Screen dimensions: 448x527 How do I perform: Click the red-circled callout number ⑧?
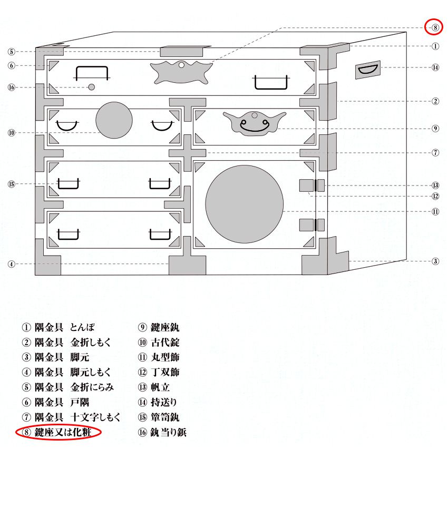coord(435,27)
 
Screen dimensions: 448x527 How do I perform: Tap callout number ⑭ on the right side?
coord(435,67)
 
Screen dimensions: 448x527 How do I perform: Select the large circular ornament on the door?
coord(245,204)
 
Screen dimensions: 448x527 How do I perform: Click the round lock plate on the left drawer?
coord(114,120)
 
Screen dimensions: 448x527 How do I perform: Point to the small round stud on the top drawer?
coord(91,87)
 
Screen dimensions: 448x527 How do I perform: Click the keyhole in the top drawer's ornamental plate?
coord(181,65)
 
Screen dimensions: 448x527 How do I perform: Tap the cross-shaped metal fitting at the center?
coord(187,153)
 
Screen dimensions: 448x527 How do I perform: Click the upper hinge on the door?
coord(312,185)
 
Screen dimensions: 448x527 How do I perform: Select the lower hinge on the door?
coord(312,225)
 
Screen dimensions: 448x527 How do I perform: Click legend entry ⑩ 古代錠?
coord(159,343)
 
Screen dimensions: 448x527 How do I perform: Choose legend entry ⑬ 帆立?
coord(154,387)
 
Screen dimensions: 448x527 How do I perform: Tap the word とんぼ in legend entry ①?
coord(82,327)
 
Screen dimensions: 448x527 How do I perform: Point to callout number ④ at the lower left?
coord(12,264)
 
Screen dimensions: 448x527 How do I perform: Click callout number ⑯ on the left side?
coord(12,87)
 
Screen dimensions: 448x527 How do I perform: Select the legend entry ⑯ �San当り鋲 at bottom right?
coord(162,432)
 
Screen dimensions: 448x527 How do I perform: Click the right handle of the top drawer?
coord(271,82)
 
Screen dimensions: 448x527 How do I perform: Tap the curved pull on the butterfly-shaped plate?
coord(255,126)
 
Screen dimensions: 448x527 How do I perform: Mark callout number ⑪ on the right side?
coord(435,212)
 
